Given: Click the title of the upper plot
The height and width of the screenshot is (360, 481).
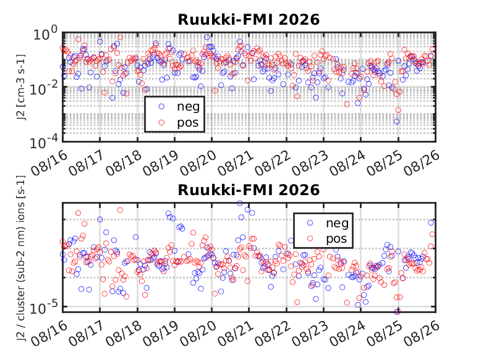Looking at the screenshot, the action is tap(249, 20).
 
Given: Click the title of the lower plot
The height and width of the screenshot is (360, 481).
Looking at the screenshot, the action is tap(249, 190).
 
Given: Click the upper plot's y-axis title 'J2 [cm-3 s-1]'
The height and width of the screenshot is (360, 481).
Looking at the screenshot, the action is tap(21, 87).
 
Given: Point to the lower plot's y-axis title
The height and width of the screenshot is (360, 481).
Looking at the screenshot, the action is tap(21, 258).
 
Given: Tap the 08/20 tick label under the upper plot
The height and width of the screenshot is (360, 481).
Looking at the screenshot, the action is tap(198, 163).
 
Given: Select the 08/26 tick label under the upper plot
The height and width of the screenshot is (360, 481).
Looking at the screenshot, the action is tap(422, 163).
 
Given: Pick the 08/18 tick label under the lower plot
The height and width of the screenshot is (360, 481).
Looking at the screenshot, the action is tap(124, 334).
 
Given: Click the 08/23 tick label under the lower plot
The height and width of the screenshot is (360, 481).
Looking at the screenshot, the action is tap(310, 334).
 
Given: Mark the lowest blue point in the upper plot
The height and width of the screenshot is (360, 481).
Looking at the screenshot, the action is tap(397, 122).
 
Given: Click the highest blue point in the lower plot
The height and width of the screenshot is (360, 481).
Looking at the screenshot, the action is tap(240, 203).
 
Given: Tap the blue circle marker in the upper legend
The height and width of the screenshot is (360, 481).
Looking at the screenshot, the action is tap(161, 106).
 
